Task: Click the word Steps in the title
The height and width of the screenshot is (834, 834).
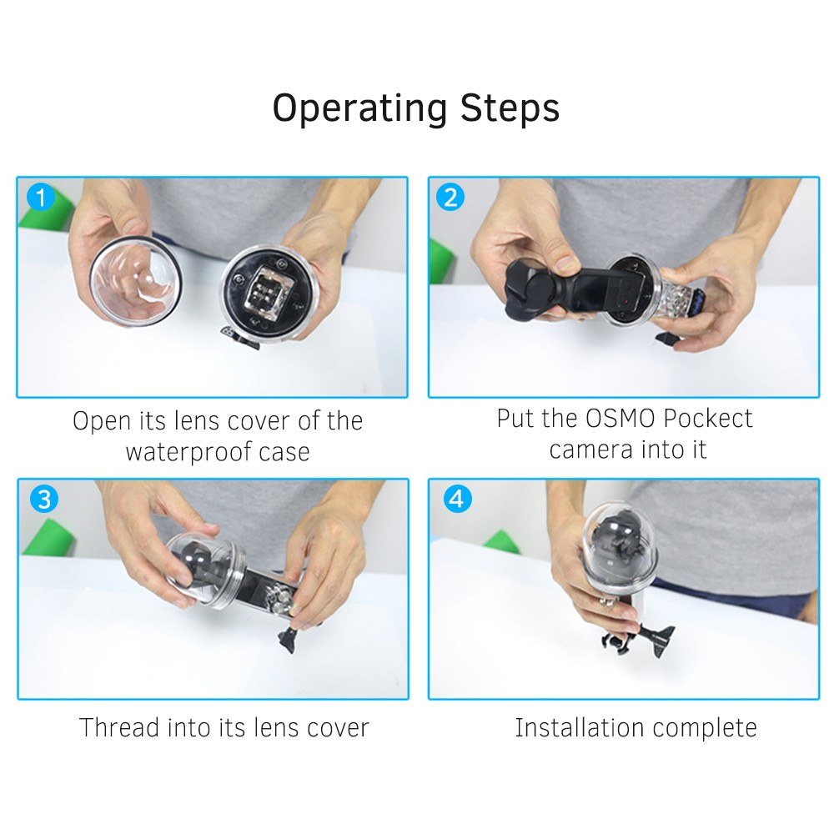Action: click(x=510, y=108)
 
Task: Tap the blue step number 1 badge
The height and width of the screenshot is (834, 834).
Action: click(x=40, y=198)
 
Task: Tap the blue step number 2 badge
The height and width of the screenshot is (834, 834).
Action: click(x=450, y=198)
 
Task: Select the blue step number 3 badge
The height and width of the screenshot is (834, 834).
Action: click(x=43, y=500)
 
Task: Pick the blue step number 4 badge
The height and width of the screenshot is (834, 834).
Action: click(x=457, y=500)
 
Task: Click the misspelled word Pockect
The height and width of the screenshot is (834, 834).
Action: click(x=707, y=418)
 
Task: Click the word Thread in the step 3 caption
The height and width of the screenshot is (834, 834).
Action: click(x=118, y=727)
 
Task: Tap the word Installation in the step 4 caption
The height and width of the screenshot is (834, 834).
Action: click(x=580, y=727)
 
